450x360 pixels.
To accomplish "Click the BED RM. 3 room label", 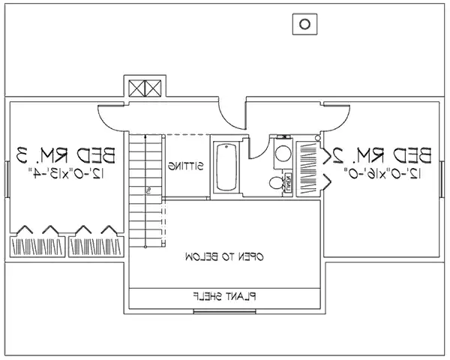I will tap(67, 156).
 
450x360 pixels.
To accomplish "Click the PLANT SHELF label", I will tap(226, 297).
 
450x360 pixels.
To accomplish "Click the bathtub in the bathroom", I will tap(225, 167).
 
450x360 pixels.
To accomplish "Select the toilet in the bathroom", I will tap(275, 182).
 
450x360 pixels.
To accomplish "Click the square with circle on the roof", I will tap(304, 24).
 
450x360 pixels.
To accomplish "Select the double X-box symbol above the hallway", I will tap(144, 88).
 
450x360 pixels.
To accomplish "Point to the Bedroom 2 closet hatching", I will tap(308, 166).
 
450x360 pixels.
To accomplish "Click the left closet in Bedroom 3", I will tap(37, 247).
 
